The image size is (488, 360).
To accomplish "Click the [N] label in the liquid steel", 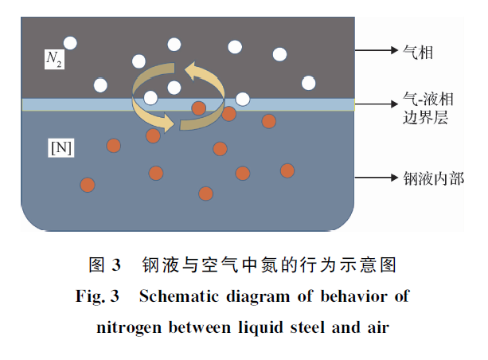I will (61, 148).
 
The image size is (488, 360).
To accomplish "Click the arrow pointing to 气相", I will (373, 52).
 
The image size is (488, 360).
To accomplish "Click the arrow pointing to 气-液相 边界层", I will (373, 104).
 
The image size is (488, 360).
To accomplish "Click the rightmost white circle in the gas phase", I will (308, 82).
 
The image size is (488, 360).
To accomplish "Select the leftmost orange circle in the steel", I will (88, 185).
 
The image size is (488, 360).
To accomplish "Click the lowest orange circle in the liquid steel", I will (205, 193).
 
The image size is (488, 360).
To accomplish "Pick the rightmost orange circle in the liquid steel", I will (287, 170).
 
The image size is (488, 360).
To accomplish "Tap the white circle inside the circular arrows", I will (174, 88).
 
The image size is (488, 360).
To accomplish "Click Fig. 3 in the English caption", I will (96, 297).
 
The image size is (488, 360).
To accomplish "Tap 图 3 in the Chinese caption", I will (103, 264).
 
